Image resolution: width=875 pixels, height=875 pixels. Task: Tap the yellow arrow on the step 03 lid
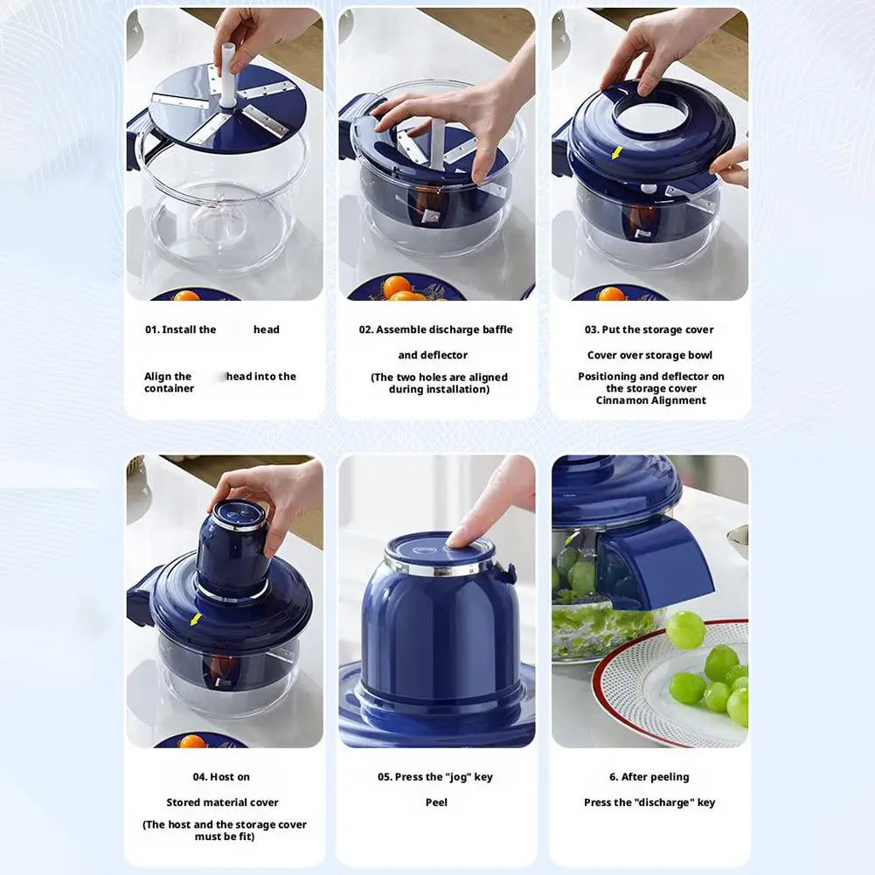click(x=617, y=153)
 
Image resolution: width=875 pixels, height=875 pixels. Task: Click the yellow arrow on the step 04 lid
click(x=195, y=619)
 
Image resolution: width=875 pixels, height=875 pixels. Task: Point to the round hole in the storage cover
click(x=651, y=116)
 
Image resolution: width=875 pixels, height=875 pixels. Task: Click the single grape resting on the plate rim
click(x=685, y=629)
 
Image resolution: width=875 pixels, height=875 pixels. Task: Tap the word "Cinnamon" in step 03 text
click(x=621, y=400)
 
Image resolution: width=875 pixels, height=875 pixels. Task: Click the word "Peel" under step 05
click(x=436, y=802)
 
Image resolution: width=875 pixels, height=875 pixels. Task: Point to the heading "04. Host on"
click(x=222, y=777)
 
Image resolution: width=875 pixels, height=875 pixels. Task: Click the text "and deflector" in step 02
click(x=433, y=355)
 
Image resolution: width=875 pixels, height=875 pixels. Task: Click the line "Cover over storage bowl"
click(x=649, y=355)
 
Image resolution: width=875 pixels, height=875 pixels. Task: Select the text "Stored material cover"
click(x=222, y=802)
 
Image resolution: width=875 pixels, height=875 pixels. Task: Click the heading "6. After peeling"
click(x=649, y=777)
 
